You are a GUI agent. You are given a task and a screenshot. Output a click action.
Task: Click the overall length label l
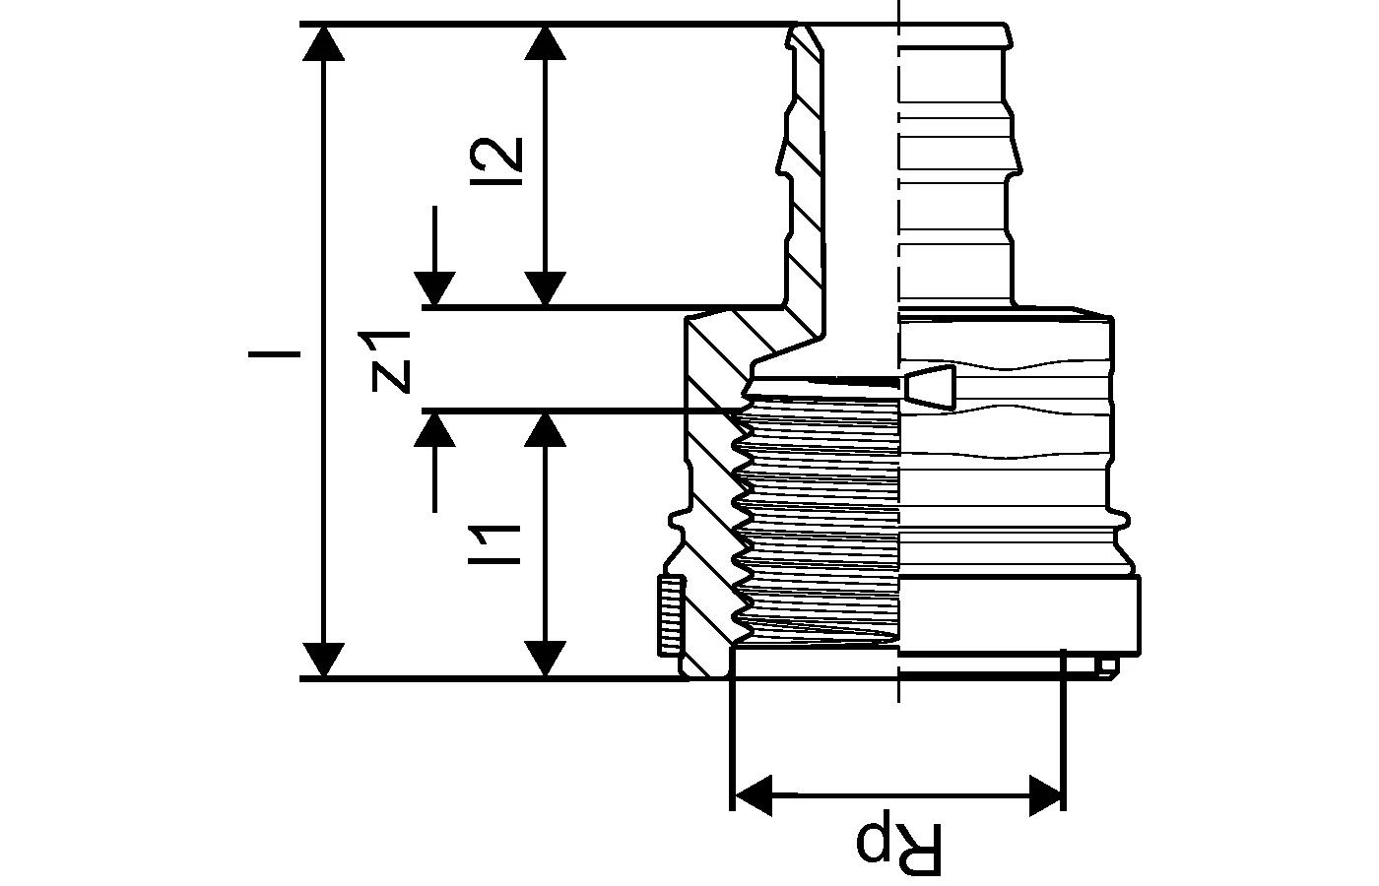click(x=287, y=351)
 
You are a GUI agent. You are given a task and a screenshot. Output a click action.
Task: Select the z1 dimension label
click(x=390, y=360)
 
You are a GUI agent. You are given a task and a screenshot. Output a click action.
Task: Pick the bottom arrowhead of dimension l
click(x=323, y=658)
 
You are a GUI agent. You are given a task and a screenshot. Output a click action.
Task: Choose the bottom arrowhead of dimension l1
click(x=545, y=658)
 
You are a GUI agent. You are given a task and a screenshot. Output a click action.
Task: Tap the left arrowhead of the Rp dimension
click(x=753, y=794)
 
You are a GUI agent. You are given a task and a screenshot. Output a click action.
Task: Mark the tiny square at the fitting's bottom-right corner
click(x=1108, y=667)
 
